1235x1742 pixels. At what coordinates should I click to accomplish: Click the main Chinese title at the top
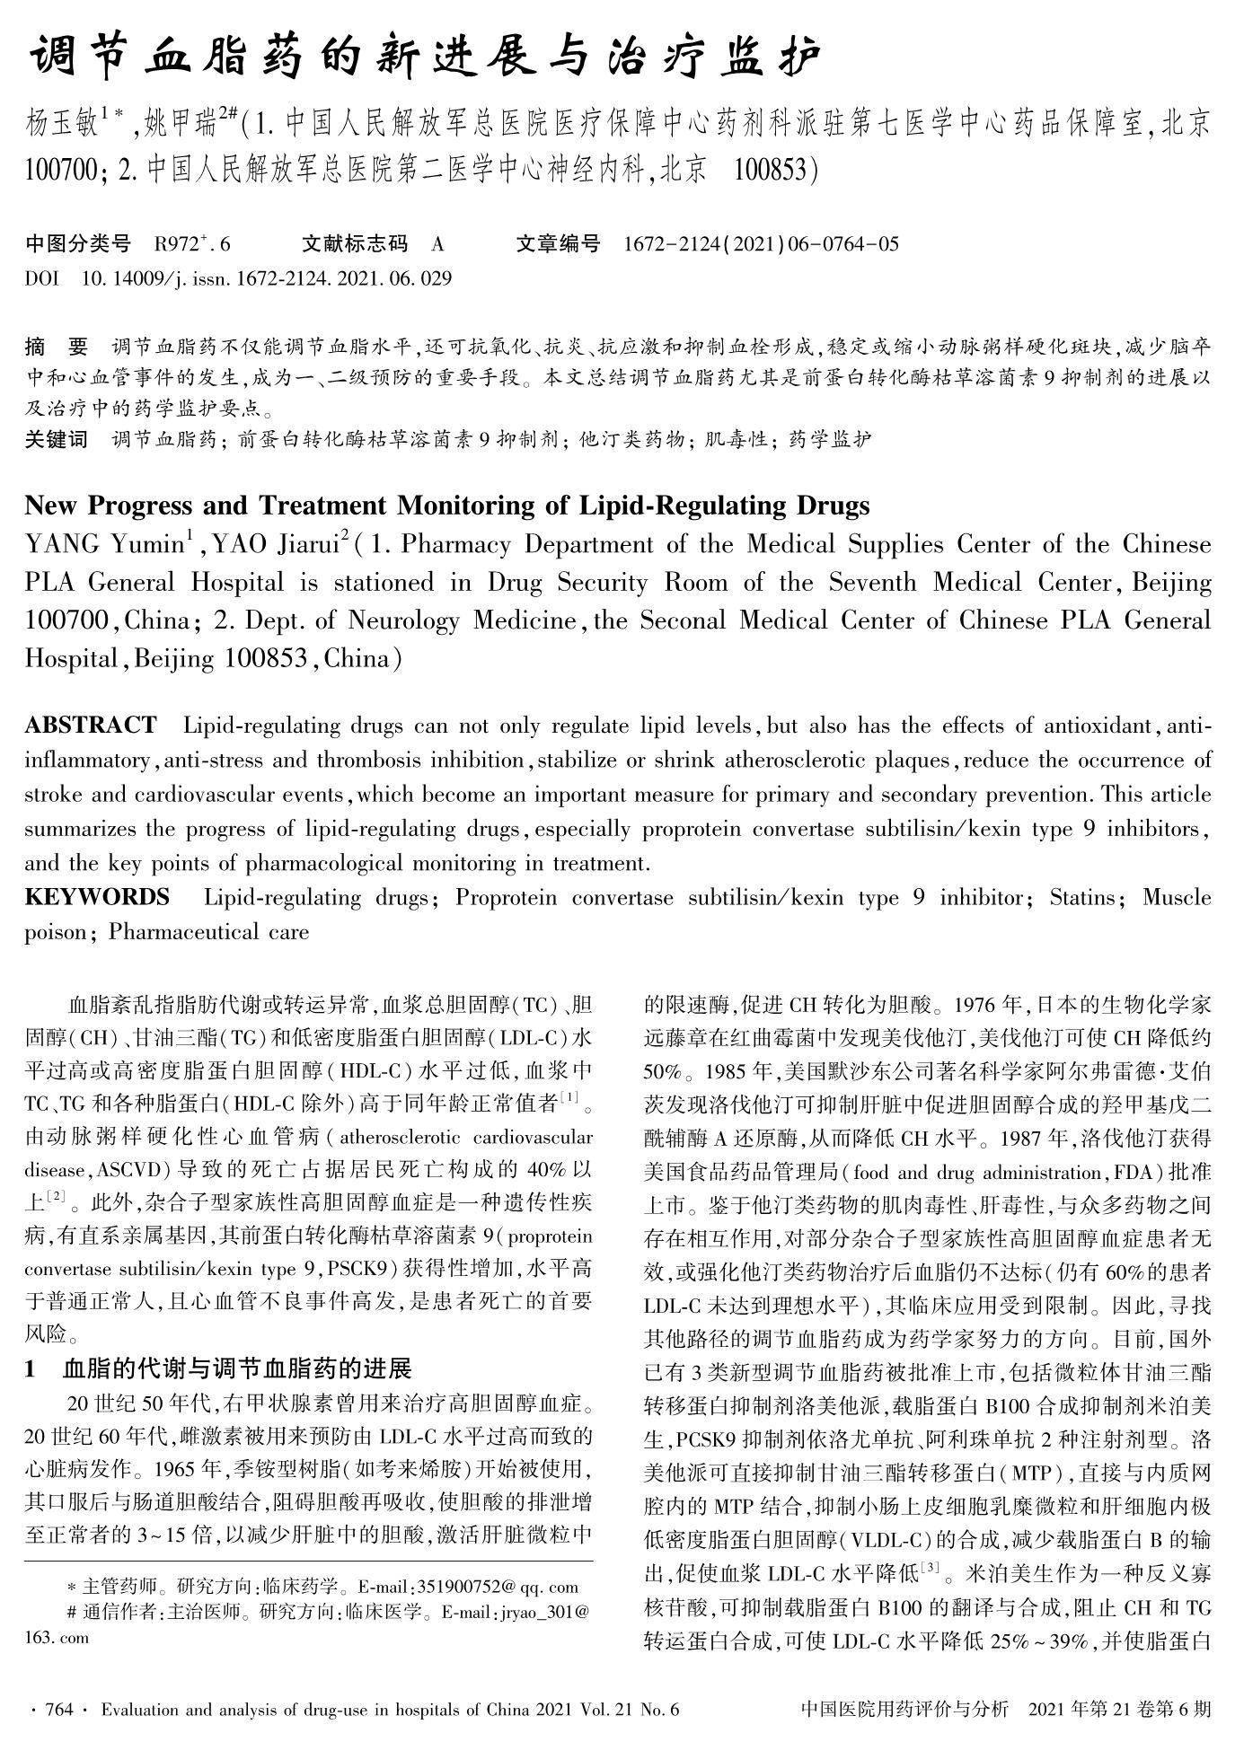tap(426, 57)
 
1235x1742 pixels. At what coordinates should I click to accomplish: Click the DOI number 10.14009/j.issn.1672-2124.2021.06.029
tap(266, 277)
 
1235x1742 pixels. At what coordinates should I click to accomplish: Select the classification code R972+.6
tap(192, 243)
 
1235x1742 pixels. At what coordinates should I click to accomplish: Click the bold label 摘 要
tap(57, 347)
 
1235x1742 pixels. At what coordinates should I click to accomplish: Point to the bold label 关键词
tap(57, 439)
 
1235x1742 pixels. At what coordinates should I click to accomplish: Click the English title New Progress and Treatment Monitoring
tap(446, 506)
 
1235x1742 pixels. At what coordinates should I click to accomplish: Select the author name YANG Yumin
tap(103, 545)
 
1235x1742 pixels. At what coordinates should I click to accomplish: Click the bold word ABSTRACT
tap(90, 725)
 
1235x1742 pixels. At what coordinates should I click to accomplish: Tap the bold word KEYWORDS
tap(96, 897)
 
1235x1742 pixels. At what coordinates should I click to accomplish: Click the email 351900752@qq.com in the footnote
tap(485, 1587)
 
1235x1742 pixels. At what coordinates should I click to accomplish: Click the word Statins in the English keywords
tap(1083, 897)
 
